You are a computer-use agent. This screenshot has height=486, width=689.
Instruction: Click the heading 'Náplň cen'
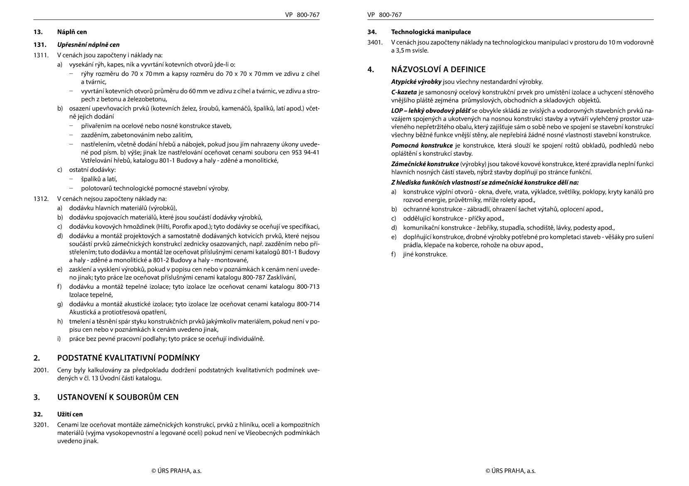[x=72, y=32]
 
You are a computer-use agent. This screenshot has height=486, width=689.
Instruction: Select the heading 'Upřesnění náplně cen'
[x=88, y=45]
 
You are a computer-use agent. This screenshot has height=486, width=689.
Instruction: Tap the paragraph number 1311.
[x=41, y=55]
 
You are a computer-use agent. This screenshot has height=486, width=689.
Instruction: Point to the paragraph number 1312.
[x=41, y=199]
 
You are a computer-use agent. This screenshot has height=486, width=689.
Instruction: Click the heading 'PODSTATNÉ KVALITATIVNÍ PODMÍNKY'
[x=128, y=358]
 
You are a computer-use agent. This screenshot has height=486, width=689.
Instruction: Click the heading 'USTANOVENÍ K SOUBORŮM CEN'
[x=118, y=397]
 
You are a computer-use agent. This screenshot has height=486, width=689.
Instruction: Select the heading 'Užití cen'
[x=70, y=414]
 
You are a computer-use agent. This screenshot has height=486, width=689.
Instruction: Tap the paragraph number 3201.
[x=41, y=425]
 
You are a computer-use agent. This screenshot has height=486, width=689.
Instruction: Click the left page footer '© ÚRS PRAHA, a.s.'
[x=176, y=471]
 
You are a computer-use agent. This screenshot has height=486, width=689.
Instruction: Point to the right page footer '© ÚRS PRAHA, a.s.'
[x=511, y=471]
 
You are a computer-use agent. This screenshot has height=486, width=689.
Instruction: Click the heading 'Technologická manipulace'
[x=431, y=32]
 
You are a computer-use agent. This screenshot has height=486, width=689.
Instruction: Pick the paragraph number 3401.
[x=375, y=42]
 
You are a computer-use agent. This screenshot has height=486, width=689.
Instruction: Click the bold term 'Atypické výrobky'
[x=416, y=82]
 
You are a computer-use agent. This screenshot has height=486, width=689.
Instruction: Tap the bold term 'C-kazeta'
[x=404, y=92]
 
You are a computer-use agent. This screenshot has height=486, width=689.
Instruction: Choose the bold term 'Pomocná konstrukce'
[x=422, y=146]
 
